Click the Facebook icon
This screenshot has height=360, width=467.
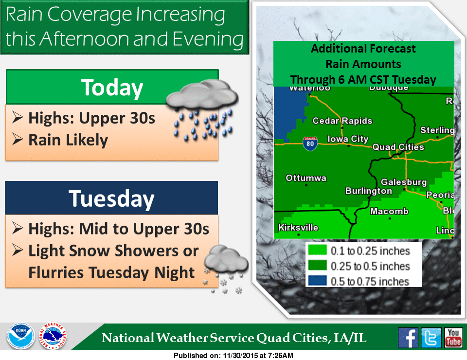point(408,337)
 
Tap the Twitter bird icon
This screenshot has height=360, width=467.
point(431,337)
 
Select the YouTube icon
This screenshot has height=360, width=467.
point(453,337)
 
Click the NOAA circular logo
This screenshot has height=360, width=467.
point(20,337)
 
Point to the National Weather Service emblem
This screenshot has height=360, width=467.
point(53,337)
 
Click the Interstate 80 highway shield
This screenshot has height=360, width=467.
point(310,144)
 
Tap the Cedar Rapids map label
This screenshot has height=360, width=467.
point(342,121)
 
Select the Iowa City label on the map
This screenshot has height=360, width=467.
point(348,139)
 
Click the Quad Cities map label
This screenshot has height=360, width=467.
point(398,147)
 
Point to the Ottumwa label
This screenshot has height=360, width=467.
point(306,178)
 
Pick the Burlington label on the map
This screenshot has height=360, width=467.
point(368,191)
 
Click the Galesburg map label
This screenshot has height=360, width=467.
point(404,182)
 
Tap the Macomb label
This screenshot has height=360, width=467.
point(389,211)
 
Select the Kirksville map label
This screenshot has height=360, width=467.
point(298,227)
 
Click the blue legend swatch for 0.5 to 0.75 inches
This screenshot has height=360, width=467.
point(317,281)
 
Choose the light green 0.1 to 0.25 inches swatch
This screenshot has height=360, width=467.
point(317,251)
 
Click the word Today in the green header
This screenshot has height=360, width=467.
point(112,88)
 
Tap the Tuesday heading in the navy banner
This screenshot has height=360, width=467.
point(111,198)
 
